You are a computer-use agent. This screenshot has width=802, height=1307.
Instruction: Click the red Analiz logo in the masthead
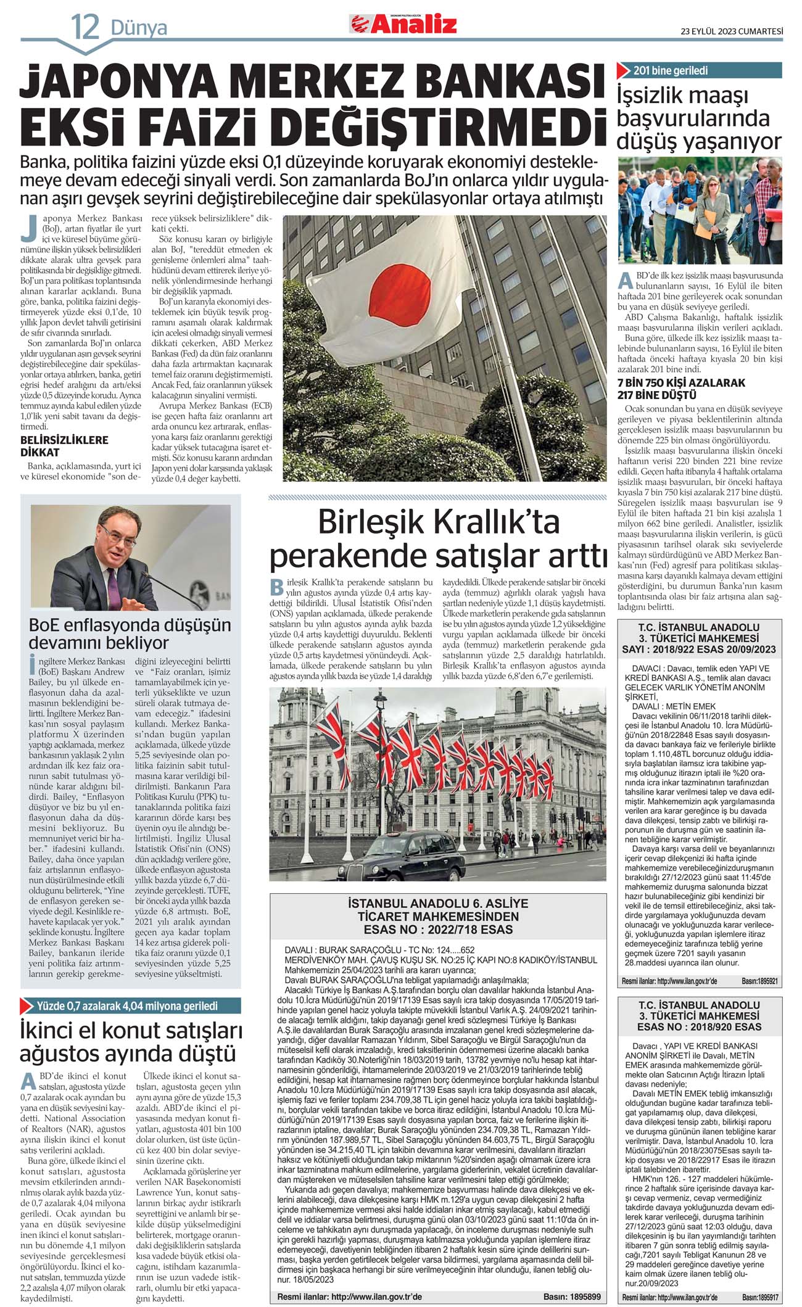point(404,24)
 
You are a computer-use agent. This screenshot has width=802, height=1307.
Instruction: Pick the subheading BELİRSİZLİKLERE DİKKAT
point(64,446)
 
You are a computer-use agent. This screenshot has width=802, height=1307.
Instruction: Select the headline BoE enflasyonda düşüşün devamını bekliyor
point(130,633)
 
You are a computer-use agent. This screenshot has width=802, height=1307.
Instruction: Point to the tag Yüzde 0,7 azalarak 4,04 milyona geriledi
point(127,1006)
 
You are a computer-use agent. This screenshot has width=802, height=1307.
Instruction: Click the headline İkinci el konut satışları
point(131,1031)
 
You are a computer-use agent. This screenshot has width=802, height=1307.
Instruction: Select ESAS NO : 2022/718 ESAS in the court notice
point(437,930)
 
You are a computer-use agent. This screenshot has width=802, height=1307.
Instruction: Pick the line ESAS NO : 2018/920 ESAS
point(700,1027)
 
